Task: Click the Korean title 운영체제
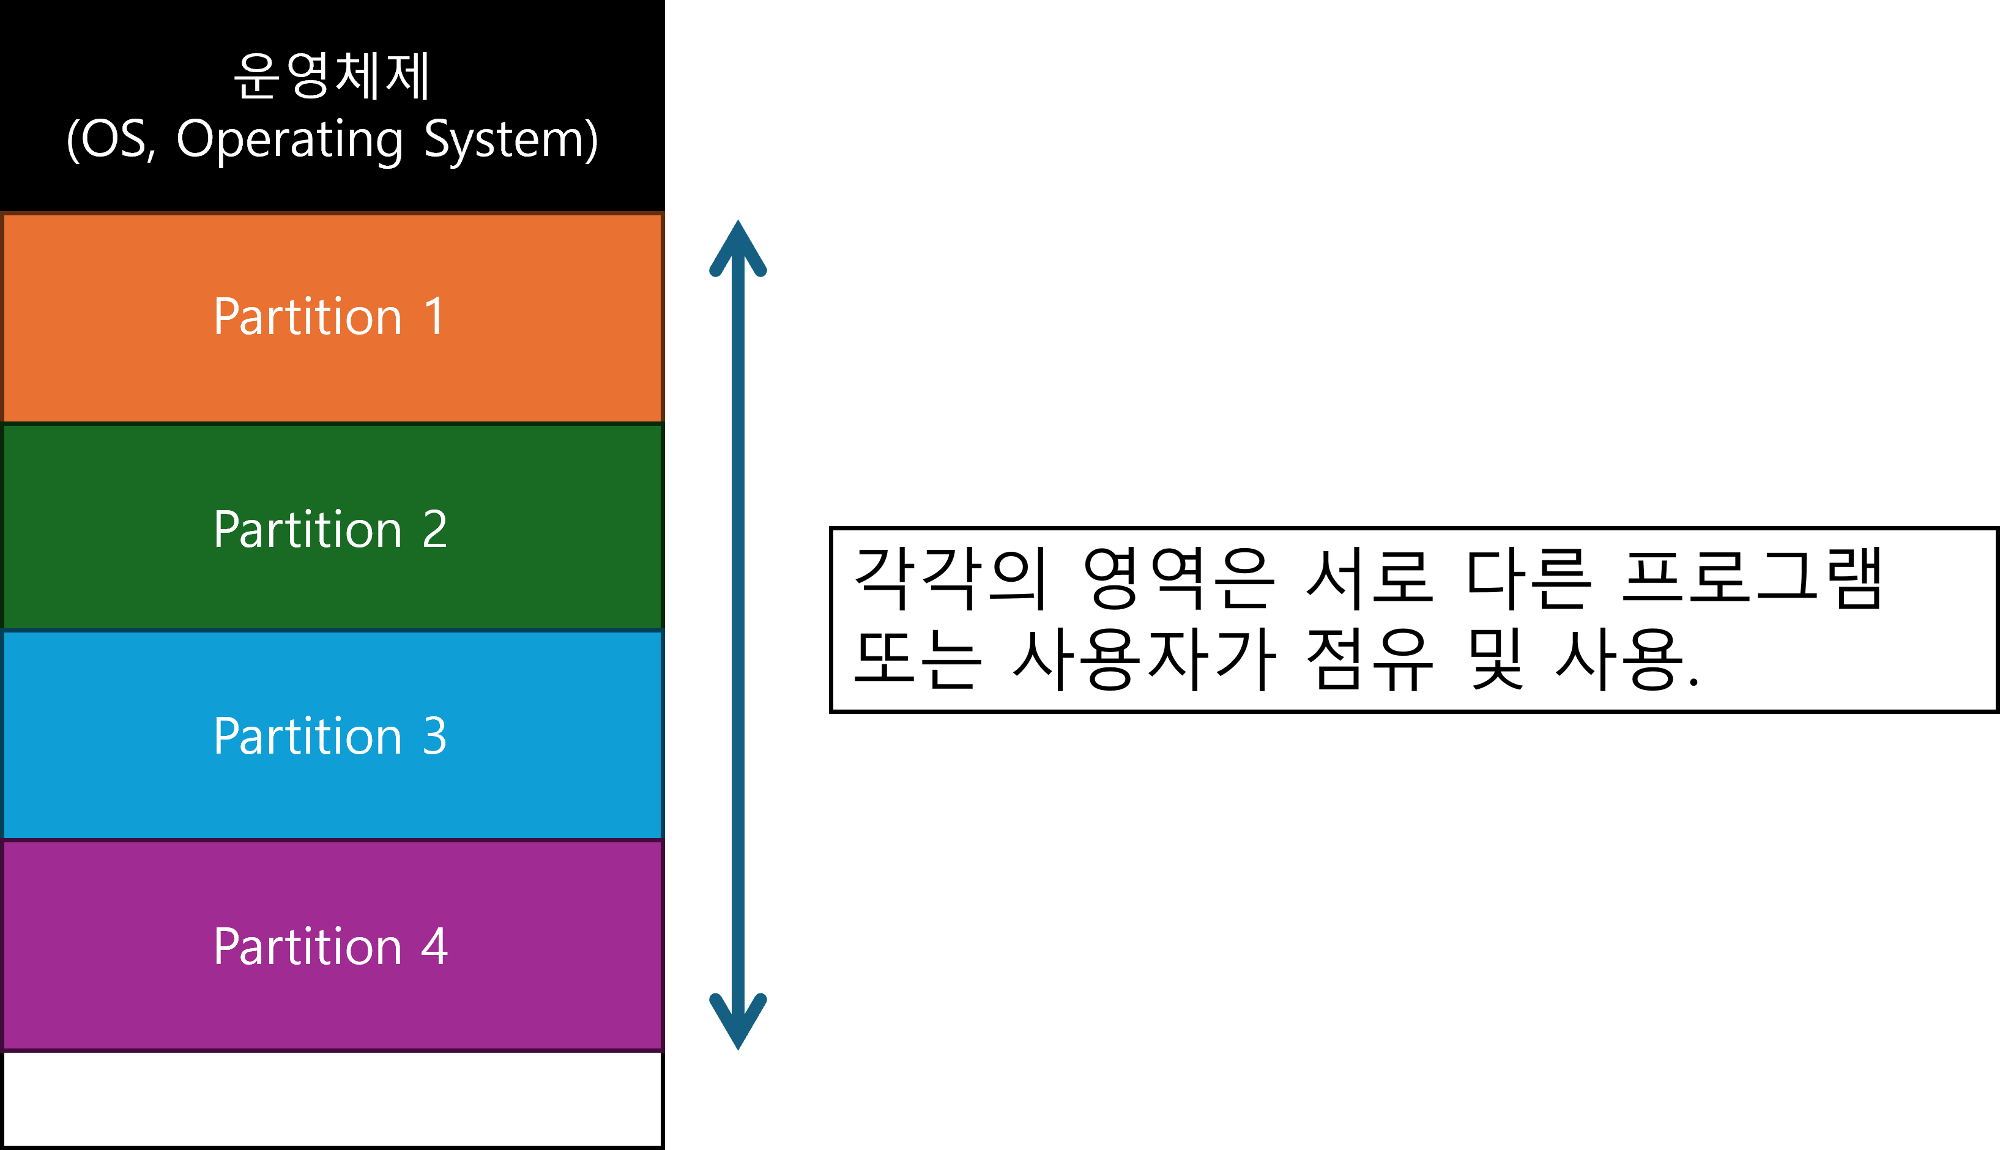(332, 76)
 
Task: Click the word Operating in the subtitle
(289, 140)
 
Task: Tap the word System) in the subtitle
(511, 140)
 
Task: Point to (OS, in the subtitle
(111, 140)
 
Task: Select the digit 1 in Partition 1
(434, 317)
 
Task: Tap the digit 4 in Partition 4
(434, 946)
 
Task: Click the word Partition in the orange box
(308, 317)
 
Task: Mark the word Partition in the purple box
(308, 946)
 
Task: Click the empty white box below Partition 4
(332, 1098)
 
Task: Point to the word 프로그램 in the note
(1752, 579)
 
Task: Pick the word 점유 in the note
(1369, 659)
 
